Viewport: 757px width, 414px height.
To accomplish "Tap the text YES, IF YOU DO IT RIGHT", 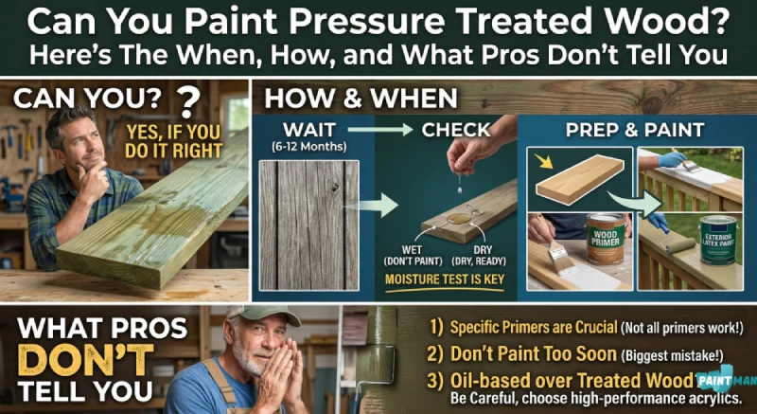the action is point(173,141).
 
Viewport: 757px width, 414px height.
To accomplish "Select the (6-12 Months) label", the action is point(308,147).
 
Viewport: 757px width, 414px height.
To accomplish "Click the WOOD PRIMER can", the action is point(606,240).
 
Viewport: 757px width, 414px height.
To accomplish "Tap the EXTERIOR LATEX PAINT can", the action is point(718,240).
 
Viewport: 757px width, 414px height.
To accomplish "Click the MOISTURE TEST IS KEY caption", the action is point(444,279).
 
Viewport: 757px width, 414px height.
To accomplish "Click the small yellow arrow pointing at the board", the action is point(545,161).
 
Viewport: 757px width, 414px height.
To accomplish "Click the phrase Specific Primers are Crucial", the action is point(534,328).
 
